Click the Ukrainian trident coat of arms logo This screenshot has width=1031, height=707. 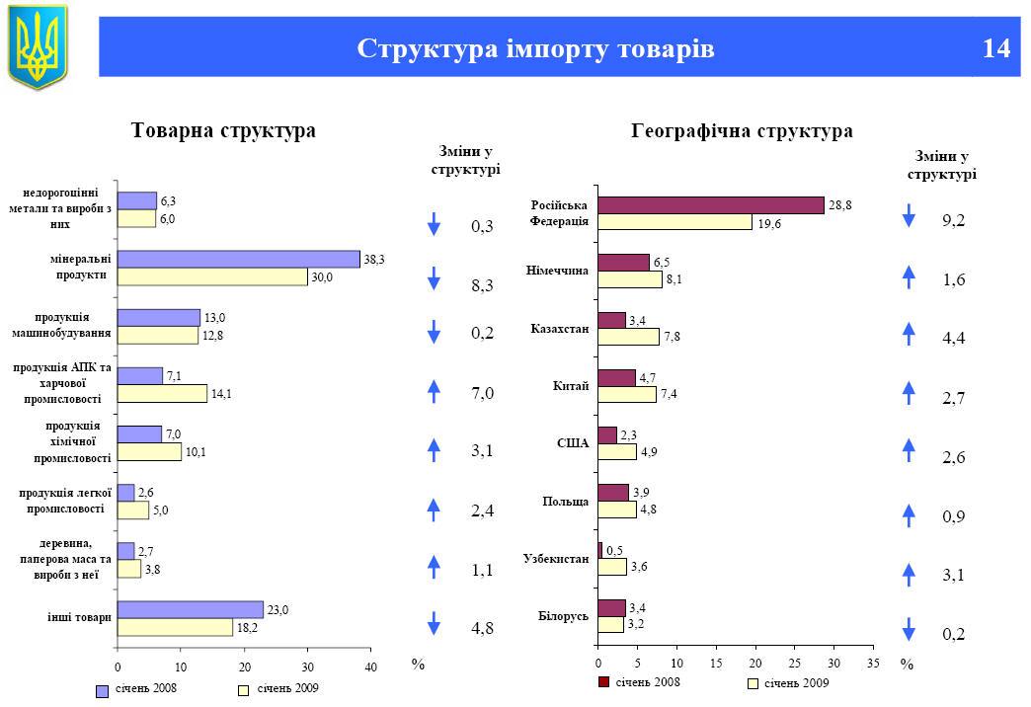click(38, 45)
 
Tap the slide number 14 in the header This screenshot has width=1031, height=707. click(996, 48)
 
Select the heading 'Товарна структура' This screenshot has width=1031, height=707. click(223, 130)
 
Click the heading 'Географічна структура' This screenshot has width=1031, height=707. click(742, 130)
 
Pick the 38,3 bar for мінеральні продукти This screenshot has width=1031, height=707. click(238, 259)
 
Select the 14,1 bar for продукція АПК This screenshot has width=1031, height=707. click(162, 393)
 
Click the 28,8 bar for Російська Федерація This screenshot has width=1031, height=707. click(710, 205)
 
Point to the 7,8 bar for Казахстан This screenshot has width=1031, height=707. click(628, 337)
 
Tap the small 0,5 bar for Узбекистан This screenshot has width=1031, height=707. click(599, 550)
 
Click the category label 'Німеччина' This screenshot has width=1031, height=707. click(559, 270)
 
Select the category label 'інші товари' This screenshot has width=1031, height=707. click(78, 617)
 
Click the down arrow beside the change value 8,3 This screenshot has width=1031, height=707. click(434, 279)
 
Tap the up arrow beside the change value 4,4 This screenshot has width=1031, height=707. click(910, 335)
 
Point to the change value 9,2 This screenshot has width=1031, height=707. click(953, 220)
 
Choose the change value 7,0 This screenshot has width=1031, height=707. click(482, 394)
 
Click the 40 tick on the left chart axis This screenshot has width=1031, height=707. click(370, 668)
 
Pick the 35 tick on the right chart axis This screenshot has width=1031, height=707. click(873, 663)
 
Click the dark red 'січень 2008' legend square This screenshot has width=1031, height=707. click(603, 682)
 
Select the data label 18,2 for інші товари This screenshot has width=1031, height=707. click(247, 628)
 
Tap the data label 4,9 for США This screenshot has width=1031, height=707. click(650, 452)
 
